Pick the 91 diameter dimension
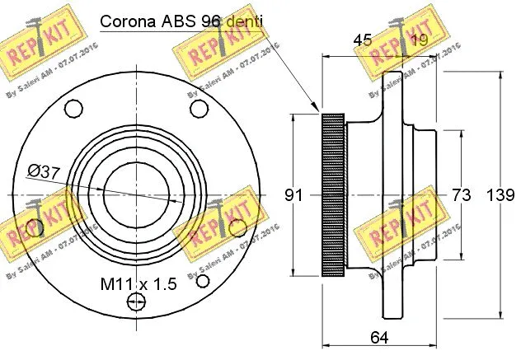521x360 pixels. click(x=294, y=195)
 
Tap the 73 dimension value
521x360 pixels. click(x=462, y=195)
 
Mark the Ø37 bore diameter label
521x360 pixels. click(x=42, y=171)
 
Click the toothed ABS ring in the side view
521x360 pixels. click(x=332, y=195)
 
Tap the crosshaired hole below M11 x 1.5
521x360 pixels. click(x=134, y=304)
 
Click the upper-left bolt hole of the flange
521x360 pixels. click(x=73, y=108)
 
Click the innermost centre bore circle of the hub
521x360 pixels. click(x=135, y=195)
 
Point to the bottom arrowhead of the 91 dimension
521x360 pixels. click(x=293, y=274)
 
